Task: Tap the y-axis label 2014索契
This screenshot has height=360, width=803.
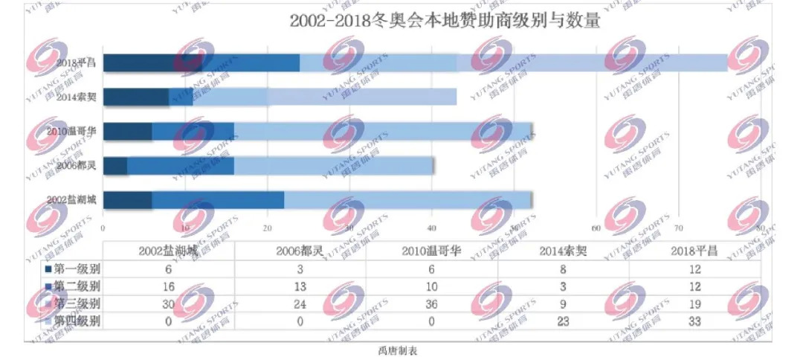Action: (x=79, y=97)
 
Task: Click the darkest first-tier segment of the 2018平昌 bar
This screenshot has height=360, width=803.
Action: (x=152, y=63)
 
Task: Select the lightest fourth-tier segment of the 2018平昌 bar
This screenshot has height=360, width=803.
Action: (x=591, y=63)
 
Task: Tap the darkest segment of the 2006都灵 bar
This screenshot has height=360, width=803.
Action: (x=115, y=165)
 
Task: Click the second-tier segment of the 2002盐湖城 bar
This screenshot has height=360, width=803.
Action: (x=218, y=199)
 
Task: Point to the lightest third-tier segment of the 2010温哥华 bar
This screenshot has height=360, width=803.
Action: (x=383, y=132)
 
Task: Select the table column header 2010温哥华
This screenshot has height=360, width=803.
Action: (x=431, y=251)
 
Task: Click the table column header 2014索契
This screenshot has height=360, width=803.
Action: (x=563, y=251)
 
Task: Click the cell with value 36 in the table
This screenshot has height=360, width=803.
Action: (x=431, y=303)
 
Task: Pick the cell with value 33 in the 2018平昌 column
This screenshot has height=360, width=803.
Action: (x=694, y=321)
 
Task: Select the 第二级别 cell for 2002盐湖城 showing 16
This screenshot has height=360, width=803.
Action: (x=168, y=286)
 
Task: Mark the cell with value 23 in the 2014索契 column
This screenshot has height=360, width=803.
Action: (x=563, y=321)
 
